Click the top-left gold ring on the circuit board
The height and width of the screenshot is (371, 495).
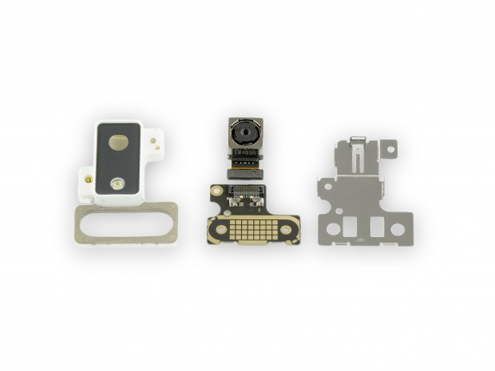[216, 191]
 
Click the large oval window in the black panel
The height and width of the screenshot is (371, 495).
[120, 143]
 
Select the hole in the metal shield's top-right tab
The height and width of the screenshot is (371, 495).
[389, 149]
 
